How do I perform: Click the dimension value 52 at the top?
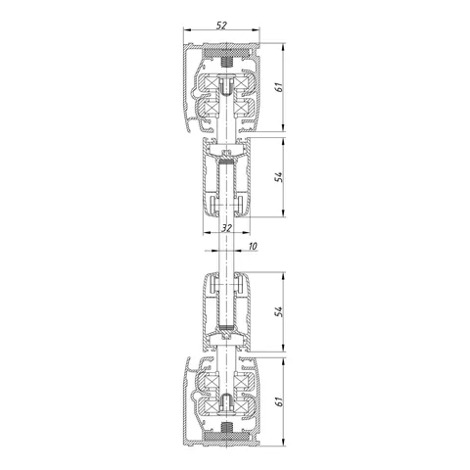(x=221, y=25)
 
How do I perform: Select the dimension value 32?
(x=226, y=228)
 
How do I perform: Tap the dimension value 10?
(x=253, y=246)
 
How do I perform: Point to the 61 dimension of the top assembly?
(x=278, y=87)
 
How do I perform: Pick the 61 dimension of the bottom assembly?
(x=278, y=402)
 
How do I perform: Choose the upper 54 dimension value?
(x=278, y=177)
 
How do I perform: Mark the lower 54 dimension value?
(x=278, y=311)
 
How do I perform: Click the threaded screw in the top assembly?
(x=226, y=62)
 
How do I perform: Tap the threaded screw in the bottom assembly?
(x=226, y=426)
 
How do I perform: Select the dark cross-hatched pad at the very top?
(x=226, y=52)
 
